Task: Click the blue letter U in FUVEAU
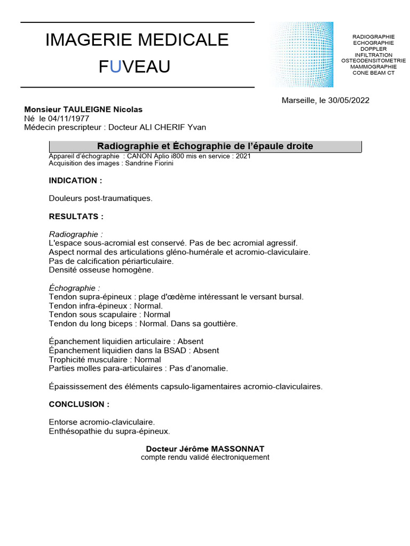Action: [x=115, y=67]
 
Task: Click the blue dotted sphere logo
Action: [x=302, y=54]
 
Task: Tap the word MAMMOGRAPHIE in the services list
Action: [x=374, y=67]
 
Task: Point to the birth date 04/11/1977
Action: [x=69, y=118]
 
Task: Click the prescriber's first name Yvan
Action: [x=196, y=127]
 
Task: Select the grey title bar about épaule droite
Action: [x=205, y=146]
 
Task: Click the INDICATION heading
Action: [x=75, y=181]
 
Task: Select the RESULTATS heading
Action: [x=76, y=216]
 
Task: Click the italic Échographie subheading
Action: [x=73, y=288]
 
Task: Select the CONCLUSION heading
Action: [x=79, y=404]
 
